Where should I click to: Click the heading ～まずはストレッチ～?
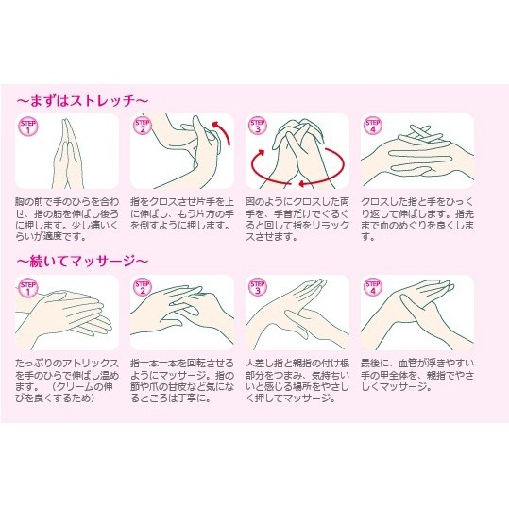[82, 101]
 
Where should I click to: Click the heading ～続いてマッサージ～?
[82, 262]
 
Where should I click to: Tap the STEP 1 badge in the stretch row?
[28, 127]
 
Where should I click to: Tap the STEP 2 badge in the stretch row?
[143, 126]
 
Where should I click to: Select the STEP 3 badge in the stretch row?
[258, 126]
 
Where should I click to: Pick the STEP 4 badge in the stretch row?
[373, 126]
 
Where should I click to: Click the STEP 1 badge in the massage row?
[28, 288]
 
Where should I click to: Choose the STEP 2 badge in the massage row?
[143, 287]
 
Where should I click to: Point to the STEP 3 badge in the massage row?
[258, 287]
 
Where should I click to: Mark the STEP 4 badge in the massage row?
[373, 287]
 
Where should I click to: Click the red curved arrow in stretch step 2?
[225, 130]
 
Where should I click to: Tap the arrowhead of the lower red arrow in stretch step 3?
[301, 184]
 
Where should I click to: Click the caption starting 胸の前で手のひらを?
[67, 219]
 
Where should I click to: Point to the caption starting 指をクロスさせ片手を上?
[182, 213]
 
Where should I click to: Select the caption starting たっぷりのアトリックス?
[67, 381]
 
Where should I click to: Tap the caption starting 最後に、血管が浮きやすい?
[417, 375]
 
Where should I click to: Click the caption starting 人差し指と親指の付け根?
[297, 381]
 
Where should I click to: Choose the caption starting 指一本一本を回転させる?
[182, 381]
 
